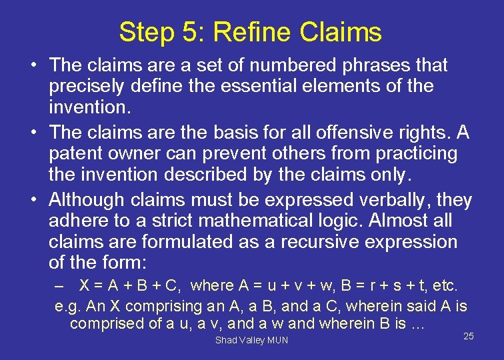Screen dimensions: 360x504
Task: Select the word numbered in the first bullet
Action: [289, 65]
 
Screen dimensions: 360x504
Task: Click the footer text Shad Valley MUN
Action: [251, 340]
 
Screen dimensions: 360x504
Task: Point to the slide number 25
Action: [468, 336]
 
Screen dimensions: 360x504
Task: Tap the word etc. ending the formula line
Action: [445, 286]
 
